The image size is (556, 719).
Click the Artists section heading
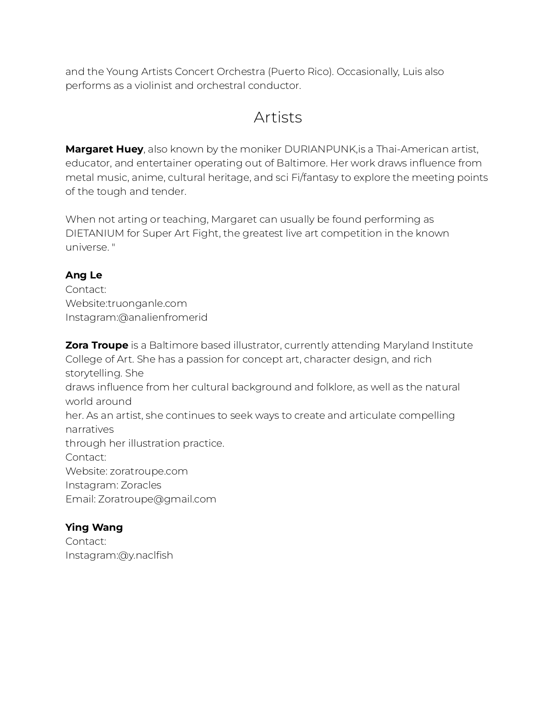point(278,118)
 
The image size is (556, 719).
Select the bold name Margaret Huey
point(104,149)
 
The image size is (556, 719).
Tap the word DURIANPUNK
point(320,149)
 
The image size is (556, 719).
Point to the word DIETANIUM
point(95,234)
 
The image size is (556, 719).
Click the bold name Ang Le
point(84,275)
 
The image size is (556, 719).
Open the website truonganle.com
point(147,304)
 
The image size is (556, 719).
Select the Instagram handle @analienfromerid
point(163,318)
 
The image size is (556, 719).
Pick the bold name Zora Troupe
point(97,346)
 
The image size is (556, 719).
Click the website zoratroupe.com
point(149,471)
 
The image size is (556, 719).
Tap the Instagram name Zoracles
point(141,485)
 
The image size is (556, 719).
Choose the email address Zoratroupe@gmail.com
point(157,499)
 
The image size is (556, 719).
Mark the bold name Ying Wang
point(94,528)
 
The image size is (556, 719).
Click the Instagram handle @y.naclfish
point(146,556)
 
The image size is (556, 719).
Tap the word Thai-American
point(412,149)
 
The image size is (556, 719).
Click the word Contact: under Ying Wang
point(86,542)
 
